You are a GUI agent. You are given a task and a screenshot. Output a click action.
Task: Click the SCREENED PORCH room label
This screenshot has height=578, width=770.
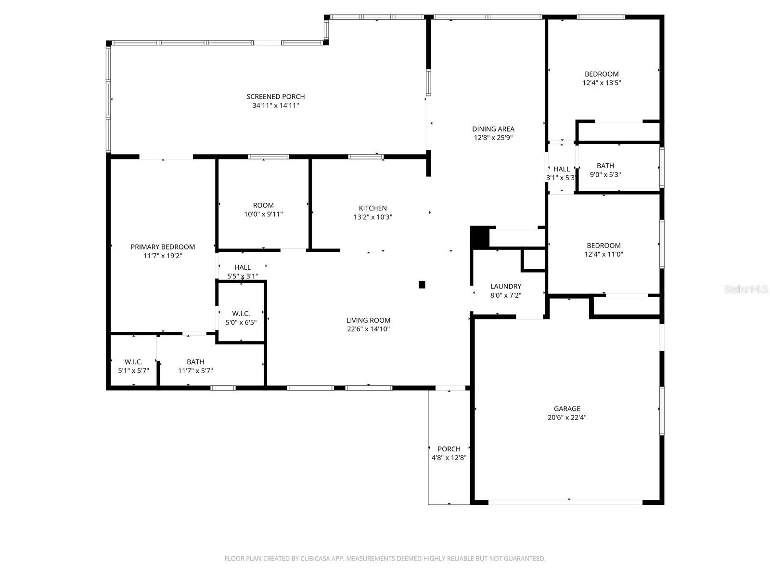(x=276, y=97)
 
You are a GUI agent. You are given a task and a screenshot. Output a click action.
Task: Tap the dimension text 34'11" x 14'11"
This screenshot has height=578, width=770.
(x=276, y=105)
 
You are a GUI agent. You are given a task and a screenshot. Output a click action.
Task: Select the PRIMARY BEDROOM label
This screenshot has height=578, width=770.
(x=163, y=247)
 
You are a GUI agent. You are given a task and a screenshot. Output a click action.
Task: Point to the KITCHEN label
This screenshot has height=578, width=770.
(x=373, y=208)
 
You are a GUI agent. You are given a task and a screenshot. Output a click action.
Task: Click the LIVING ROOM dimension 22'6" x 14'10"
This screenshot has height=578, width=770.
(x=368, y=329)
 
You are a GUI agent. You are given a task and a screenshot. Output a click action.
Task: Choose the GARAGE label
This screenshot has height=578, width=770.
(x=567, y=409)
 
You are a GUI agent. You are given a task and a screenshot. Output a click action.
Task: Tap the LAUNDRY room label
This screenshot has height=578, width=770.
(x=506, y=287)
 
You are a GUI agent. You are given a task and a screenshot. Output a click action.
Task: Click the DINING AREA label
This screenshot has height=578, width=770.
(x=493, y=129)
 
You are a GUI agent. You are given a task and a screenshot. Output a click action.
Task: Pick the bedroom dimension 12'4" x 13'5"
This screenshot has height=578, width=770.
(x=602, y=83)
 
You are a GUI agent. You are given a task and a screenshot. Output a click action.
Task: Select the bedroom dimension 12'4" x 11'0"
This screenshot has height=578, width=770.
(x=603, y=254)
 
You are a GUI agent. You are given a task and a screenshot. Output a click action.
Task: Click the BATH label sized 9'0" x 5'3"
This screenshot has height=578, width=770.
(x=605, y=166)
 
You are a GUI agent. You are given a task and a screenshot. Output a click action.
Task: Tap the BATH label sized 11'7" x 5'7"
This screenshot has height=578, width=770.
(x=195, y=362)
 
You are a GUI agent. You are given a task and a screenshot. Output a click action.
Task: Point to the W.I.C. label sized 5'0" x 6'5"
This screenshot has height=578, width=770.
(x=241, y=314)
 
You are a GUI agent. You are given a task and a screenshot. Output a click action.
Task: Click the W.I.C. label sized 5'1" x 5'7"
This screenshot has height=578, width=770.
(x=133, y=362)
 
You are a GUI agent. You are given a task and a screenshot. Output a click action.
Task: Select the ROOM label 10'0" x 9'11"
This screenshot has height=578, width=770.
(x=263, y=206)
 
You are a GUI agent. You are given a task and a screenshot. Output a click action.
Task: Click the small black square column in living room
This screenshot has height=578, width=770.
(x=422, y=285)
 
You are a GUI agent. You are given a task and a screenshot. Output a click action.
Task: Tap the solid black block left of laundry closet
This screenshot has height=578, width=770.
(x=479, y=236)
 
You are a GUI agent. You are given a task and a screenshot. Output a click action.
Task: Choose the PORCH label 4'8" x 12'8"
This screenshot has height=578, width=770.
(x=449, y=449)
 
